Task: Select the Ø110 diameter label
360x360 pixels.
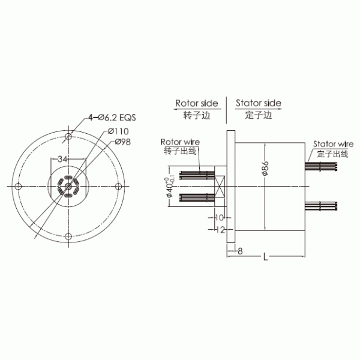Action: tap(119, 131)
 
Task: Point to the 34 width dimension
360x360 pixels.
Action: tap(62, 159)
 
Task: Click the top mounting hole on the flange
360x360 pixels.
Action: tap(70, 137)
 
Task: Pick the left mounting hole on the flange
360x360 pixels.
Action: tap(19, 187)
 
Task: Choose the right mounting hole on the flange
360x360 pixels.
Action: tap(120, 187)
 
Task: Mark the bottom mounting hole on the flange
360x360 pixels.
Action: tap(70, 236)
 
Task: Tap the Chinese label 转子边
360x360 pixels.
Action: tap(196, 115)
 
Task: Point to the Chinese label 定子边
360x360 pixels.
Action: tap(259, 115)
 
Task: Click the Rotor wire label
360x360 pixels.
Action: tap(180, 142)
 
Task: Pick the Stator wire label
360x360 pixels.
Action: tap(332, 145)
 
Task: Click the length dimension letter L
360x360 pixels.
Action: tap(265, 257)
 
